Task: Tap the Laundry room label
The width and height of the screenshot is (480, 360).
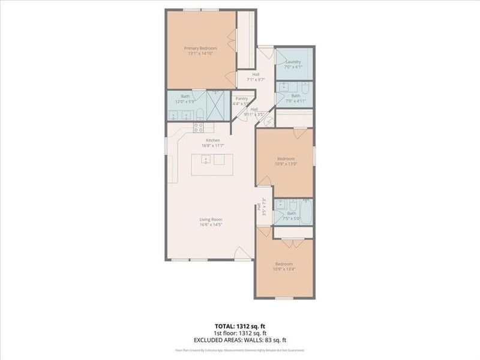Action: coord(293,61)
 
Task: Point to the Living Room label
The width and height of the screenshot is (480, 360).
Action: coord(211,220)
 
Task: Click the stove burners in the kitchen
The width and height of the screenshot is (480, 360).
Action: coord(198,127)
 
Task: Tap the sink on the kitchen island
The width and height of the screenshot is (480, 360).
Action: coord(206,160)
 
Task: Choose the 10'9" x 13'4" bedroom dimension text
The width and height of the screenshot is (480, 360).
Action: coord(284,269)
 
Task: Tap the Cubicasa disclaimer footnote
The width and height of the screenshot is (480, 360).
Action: coord(239,350)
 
